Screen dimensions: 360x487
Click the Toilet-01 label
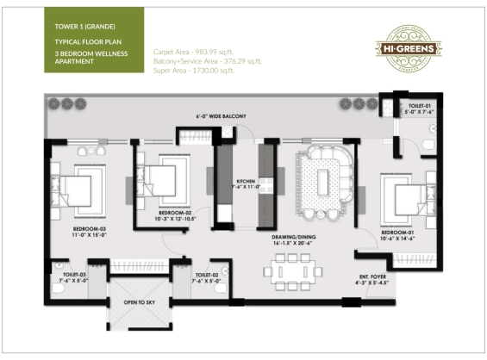point(421,107)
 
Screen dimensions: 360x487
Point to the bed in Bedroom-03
point(78,192)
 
